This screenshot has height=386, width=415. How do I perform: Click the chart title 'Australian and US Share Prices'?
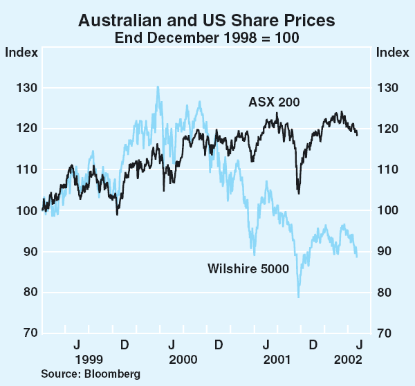click(x=207, y=20)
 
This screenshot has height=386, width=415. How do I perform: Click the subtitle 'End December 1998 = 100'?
click(x=207, y=37)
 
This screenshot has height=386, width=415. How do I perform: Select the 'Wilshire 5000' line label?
click(x=248, y=269)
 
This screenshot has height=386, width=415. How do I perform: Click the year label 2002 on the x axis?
click(x=348, y=359)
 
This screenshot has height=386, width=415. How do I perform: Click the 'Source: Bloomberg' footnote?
click(x=90, y=374)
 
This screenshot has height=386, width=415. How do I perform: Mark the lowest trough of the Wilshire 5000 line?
click(x=298, y=297)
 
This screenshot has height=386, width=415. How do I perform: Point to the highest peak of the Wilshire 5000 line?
click(x=158, y=87)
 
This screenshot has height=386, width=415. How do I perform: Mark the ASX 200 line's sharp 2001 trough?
click(x=298, y=193)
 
